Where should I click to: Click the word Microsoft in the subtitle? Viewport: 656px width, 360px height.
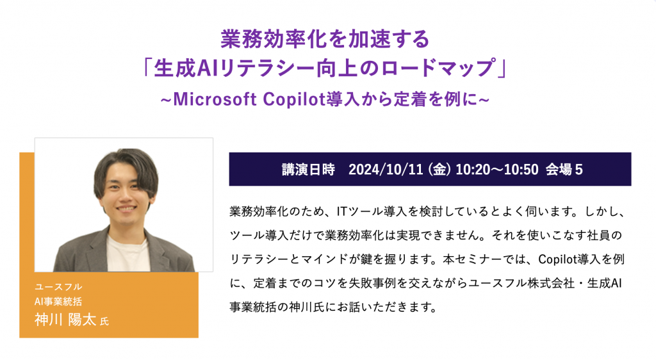[x=215, y=99]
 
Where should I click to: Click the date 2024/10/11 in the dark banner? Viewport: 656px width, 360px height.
[x=385, y=169]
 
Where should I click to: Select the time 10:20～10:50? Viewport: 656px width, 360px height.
[x=496, y=169]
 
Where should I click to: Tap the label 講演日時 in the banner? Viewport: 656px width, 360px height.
[x=308, y=169]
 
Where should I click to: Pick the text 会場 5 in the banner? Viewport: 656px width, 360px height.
[x=564, y=169]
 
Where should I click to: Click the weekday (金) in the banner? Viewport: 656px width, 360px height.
[x=439, y=169]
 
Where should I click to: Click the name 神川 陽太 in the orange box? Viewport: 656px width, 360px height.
[x=65, y=320]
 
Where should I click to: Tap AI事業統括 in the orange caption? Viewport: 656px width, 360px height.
[x=58, y=302]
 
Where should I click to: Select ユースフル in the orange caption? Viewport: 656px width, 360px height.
[x=58, y=287]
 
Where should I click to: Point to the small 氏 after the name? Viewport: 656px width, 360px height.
[x=104, y=321]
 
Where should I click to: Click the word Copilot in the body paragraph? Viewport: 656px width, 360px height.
[x=558, y=259]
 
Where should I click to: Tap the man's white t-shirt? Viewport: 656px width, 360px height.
[x=126, y=254]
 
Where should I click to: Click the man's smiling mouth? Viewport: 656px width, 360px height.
[x=126, y=208]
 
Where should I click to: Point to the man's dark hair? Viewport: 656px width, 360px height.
[x=126, y=161]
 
